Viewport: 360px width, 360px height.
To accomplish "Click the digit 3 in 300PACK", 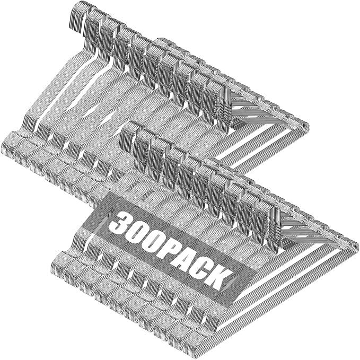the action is point(119,222).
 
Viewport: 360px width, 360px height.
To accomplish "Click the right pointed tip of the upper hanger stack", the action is point(309,127).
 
